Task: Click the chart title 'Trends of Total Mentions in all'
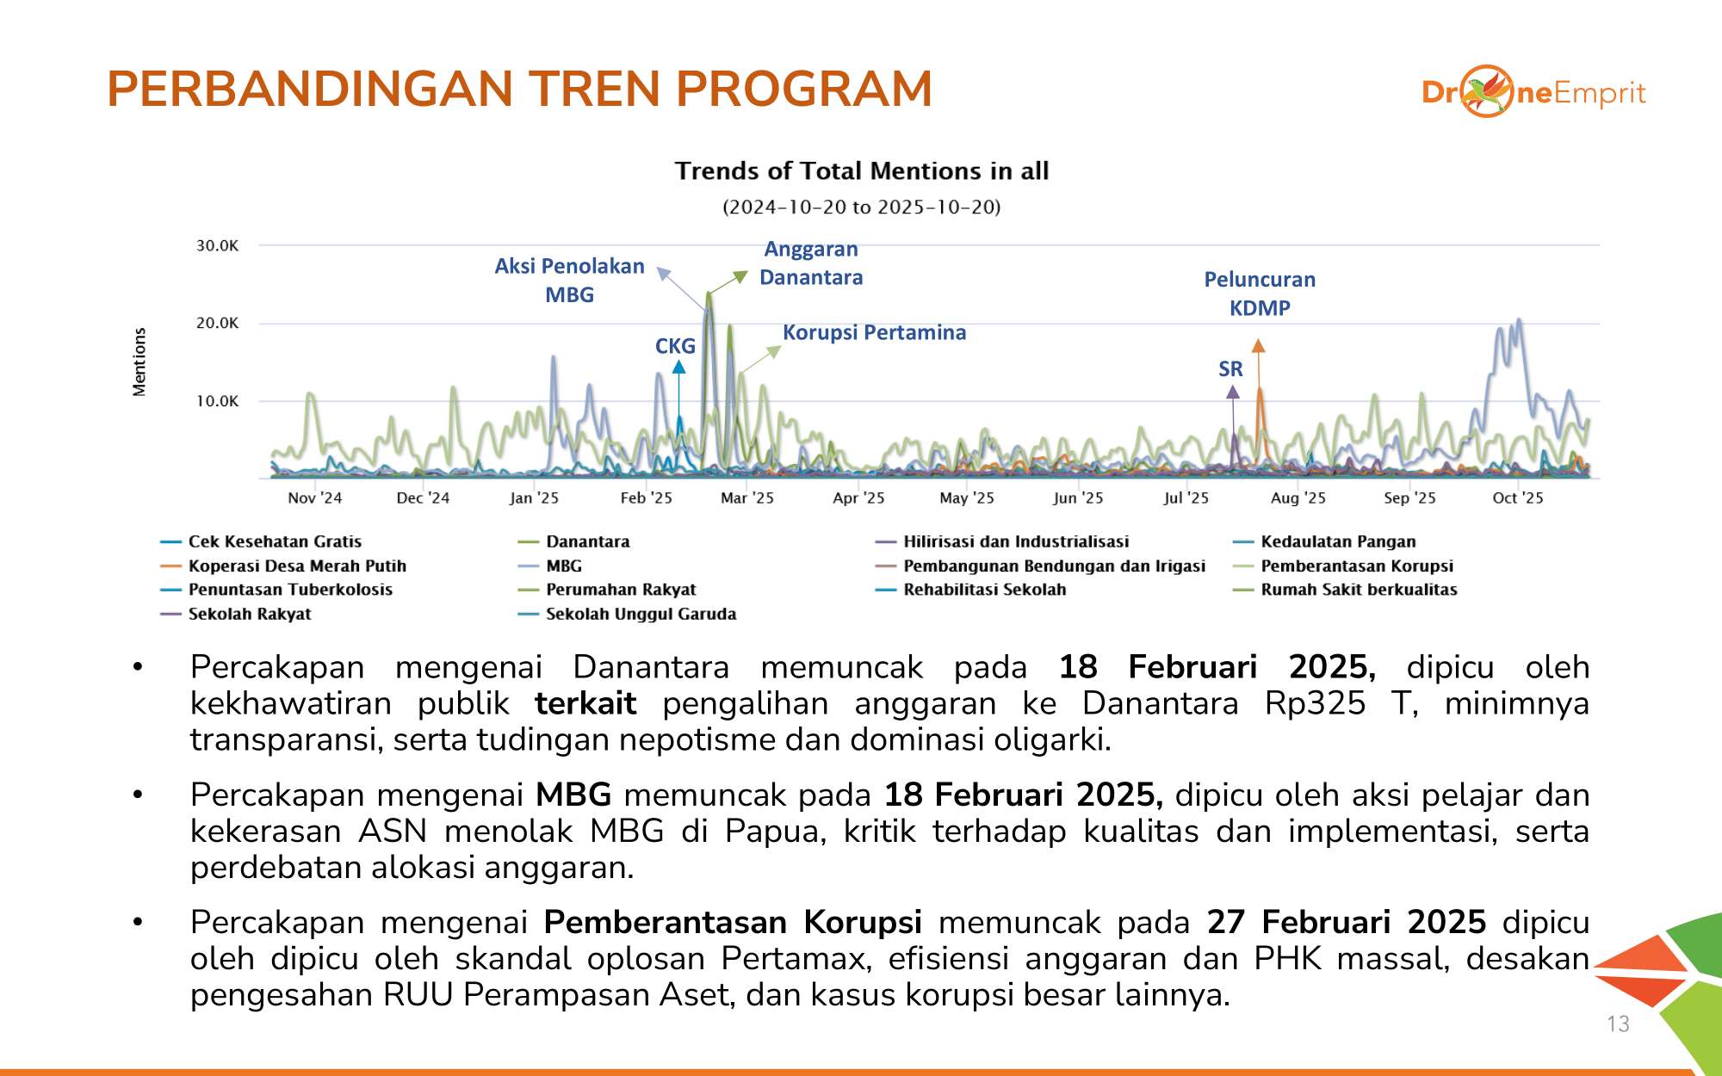point(861,170)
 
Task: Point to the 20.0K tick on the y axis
point(217,323)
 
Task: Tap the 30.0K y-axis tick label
point(217,245)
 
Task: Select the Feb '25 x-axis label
point(646,498)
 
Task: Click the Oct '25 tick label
point(1517,498)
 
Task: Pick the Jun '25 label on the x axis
point(1077,498)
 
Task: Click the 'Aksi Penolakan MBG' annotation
point(569,280)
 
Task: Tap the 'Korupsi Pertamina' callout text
point(874,332)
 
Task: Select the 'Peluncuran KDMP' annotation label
point(1260,294)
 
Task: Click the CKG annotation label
point(675,346)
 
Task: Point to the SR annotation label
point(1230,369)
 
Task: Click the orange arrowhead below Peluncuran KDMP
point(1258,346)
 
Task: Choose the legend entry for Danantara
point(587,541)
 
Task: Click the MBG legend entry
point(563,566)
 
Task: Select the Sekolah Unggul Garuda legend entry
point(641,614)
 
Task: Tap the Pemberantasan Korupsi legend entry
point(1356,566)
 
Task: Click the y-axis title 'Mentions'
point(139,362)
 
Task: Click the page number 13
point(1618,1023)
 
